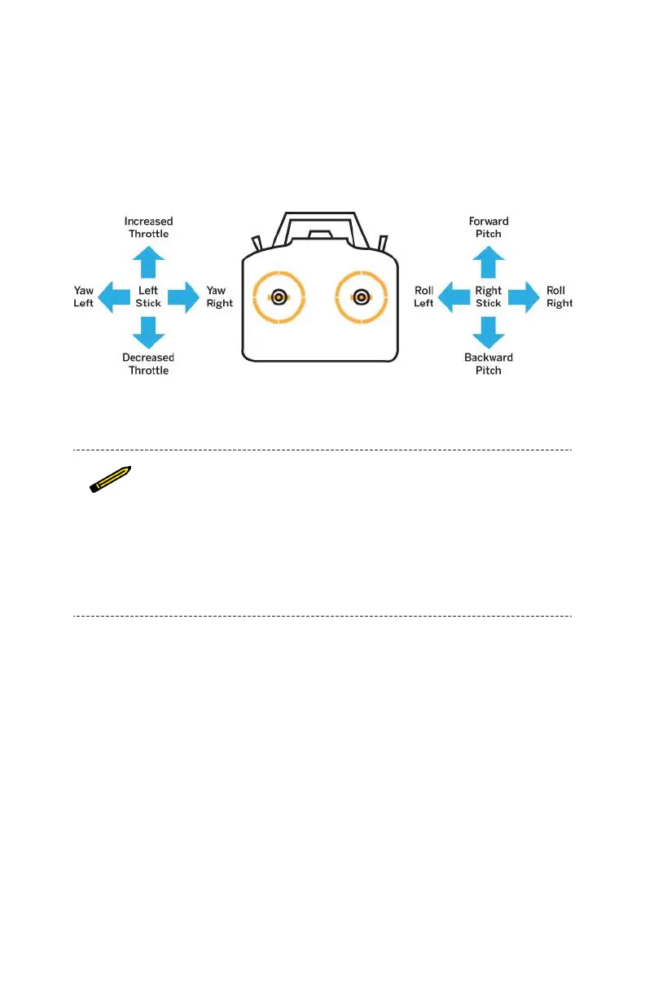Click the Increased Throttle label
point(148,227)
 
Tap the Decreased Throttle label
point(148,364)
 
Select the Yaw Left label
point(84,296)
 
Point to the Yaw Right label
point(219,296)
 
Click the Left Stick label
point(148,296)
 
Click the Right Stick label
point(489,296)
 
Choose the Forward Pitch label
point(489,227)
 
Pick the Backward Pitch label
point(489,364)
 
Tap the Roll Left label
point(423,296)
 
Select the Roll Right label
point(559,296)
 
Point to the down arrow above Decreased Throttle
point(148,331)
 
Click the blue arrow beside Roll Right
point(524,296)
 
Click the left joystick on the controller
point(279,297)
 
